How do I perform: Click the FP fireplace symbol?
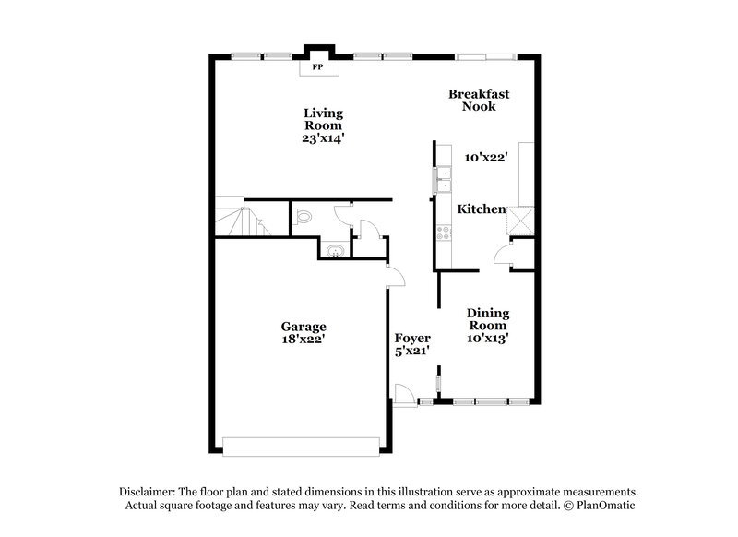[317, 67]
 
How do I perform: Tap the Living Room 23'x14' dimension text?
[324, 138]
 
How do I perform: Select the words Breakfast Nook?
[479, 100]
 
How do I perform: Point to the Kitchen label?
[482, 209]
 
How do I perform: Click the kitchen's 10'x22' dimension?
[486, 158]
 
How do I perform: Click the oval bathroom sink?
[334, 250]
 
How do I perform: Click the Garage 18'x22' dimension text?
[304, 340]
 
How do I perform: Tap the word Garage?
[304, 327]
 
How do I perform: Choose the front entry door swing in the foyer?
[402, 394]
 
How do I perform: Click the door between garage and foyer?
[392, 276]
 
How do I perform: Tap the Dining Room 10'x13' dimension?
[488, 339]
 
